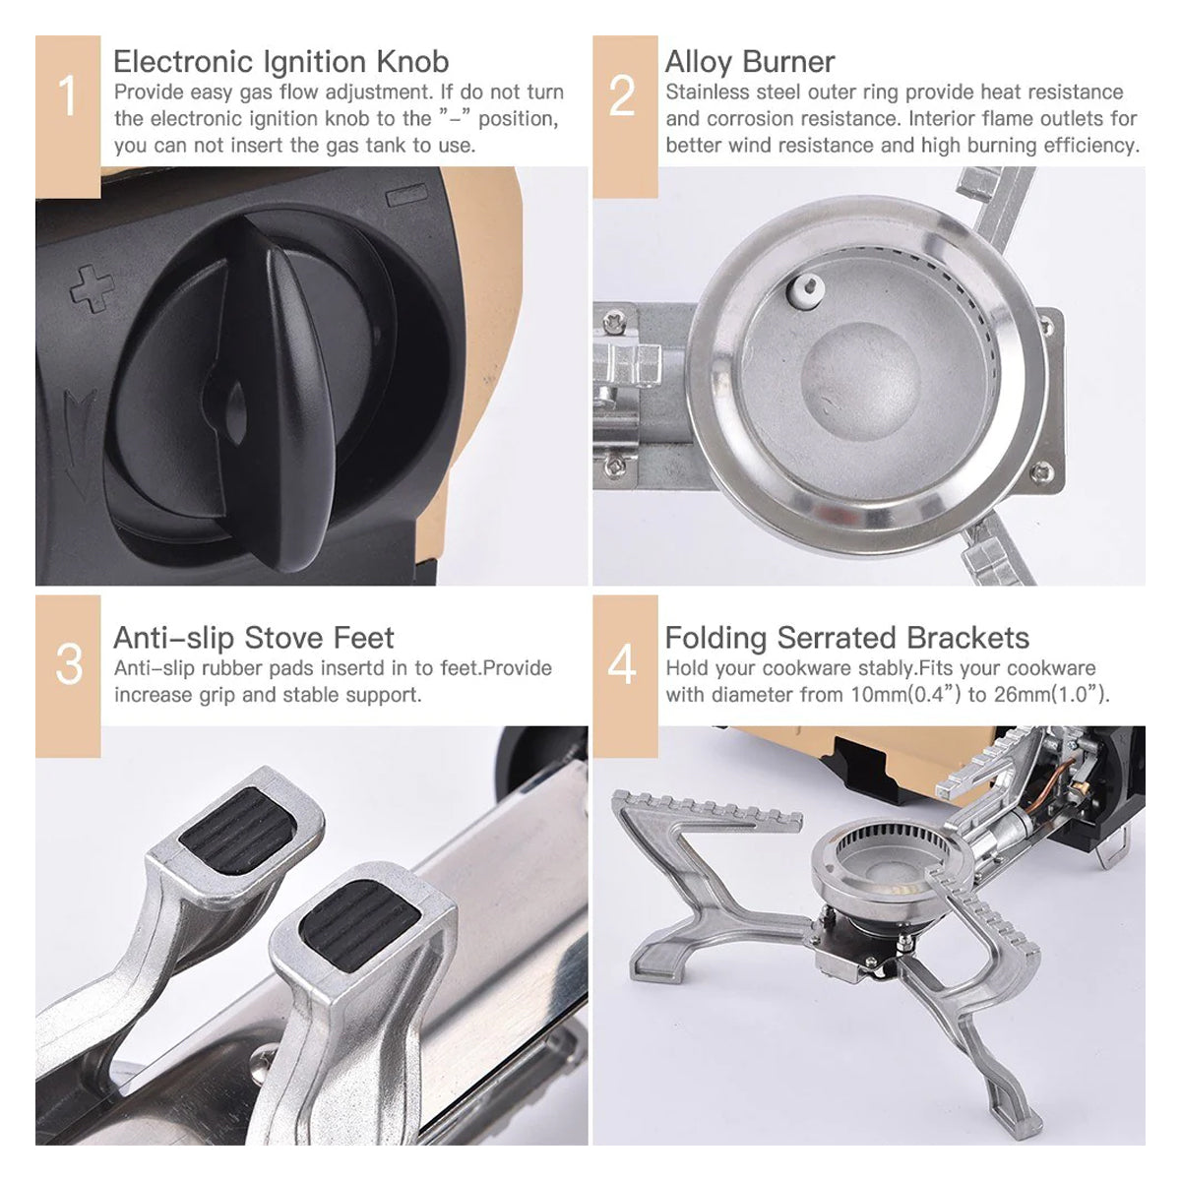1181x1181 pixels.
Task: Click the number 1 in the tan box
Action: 67,97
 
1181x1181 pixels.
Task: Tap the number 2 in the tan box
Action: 622,97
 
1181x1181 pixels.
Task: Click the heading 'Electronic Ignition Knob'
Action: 280,62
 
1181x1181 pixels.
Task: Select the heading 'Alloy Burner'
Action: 749,62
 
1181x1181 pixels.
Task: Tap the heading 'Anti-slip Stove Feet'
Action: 253,638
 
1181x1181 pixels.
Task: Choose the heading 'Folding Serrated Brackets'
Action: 846,638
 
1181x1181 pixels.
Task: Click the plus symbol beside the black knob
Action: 92,287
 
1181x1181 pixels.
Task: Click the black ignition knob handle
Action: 285,394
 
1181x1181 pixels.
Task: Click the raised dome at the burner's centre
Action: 859,379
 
